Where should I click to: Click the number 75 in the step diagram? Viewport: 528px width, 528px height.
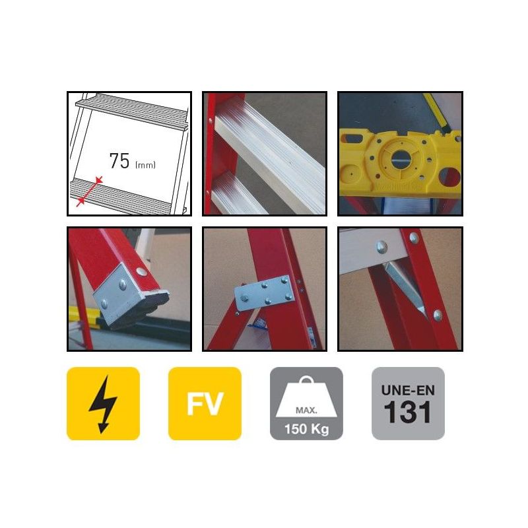119,160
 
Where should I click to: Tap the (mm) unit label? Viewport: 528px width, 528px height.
145,164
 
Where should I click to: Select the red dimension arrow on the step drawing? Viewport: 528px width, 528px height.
90,191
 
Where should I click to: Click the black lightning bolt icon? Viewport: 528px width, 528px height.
104,404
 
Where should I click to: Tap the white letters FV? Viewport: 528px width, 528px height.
205,404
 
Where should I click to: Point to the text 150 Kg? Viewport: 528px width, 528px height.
306,429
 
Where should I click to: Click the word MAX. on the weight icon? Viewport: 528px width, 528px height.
306,410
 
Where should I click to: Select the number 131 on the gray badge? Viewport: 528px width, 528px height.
408,412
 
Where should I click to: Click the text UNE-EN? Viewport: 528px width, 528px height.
408,390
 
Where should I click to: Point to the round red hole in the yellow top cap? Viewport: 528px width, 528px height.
451,177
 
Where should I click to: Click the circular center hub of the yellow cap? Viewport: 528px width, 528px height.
401,159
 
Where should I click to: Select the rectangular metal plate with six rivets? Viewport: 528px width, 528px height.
265,292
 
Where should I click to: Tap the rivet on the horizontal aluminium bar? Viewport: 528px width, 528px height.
382,247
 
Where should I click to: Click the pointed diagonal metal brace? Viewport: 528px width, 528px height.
404,288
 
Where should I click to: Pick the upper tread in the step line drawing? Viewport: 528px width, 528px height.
132,112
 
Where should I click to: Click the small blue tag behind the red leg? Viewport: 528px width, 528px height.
257,323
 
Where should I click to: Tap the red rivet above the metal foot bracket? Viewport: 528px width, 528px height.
142,271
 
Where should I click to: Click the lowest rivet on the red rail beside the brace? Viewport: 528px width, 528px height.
438,315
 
